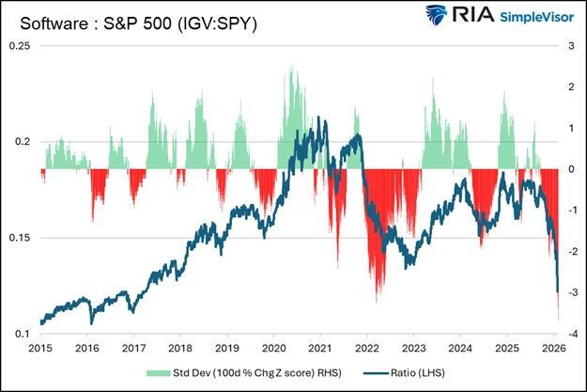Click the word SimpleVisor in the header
pos(528,19)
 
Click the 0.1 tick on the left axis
pos(21,335)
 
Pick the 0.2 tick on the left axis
pos(21,142)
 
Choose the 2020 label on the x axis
pos(273,347)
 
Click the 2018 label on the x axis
pos(180,347)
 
